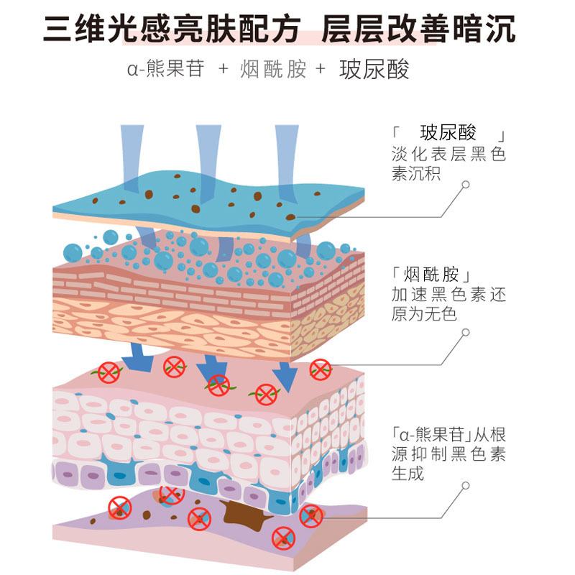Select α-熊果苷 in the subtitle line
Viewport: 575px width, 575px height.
click(x=165, y=69)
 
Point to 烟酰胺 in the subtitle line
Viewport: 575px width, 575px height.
click(x=274, y=69)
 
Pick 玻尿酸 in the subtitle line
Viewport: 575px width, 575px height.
click(x=374, y=69)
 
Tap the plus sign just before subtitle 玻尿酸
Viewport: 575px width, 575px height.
click(x=320, y=69)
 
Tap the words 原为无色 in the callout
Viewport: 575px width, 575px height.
click(x=424, y=315)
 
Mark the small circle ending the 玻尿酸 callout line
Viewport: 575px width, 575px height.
click(x=465, y=184)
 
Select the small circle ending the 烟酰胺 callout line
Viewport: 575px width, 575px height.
click(x=465, y=332)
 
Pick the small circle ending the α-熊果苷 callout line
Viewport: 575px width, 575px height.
click(x=465, y=487)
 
